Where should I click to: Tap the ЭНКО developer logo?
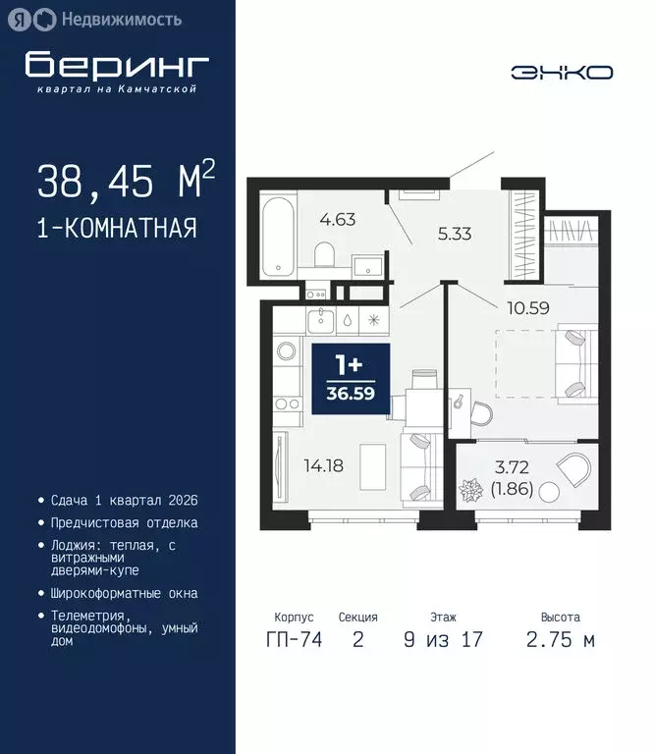click(x=562, y=72)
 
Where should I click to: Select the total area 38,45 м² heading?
click(x=126, y=182)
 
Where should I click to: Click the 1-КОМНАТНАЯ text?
click(x=117, y=229)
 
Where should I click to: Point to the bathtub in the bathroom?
click(x=279, y=237)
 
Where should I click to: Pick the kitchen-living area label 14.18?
click(x=323, y=465)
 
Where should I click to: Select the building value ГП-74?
click(x=294, y=641)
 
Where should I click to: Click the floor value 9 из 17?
click(x=442, y=641)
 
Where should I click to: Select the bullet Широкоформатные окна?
click(x=125, y=593)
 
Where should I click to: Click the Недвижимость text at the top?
click(x=121, y=19)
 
